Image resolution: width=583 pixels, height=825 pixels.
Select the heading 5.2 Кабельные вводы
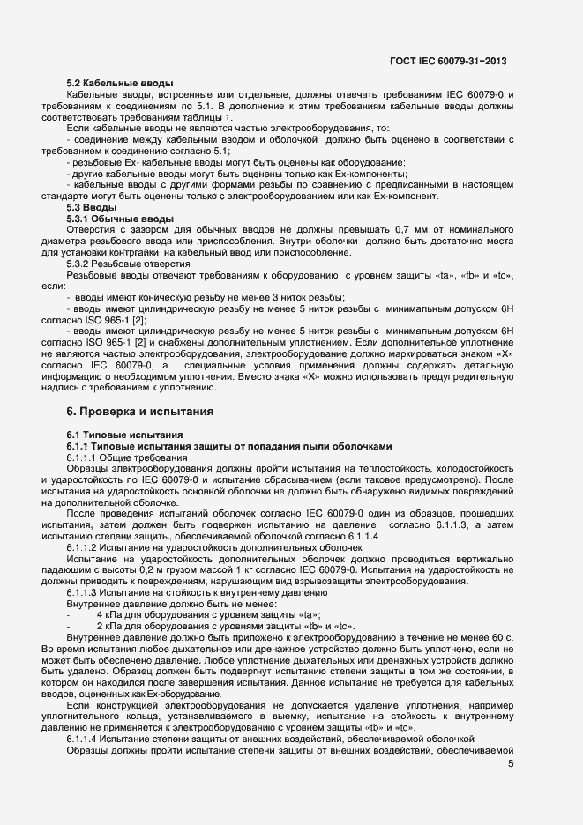(x=119, y=83)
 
